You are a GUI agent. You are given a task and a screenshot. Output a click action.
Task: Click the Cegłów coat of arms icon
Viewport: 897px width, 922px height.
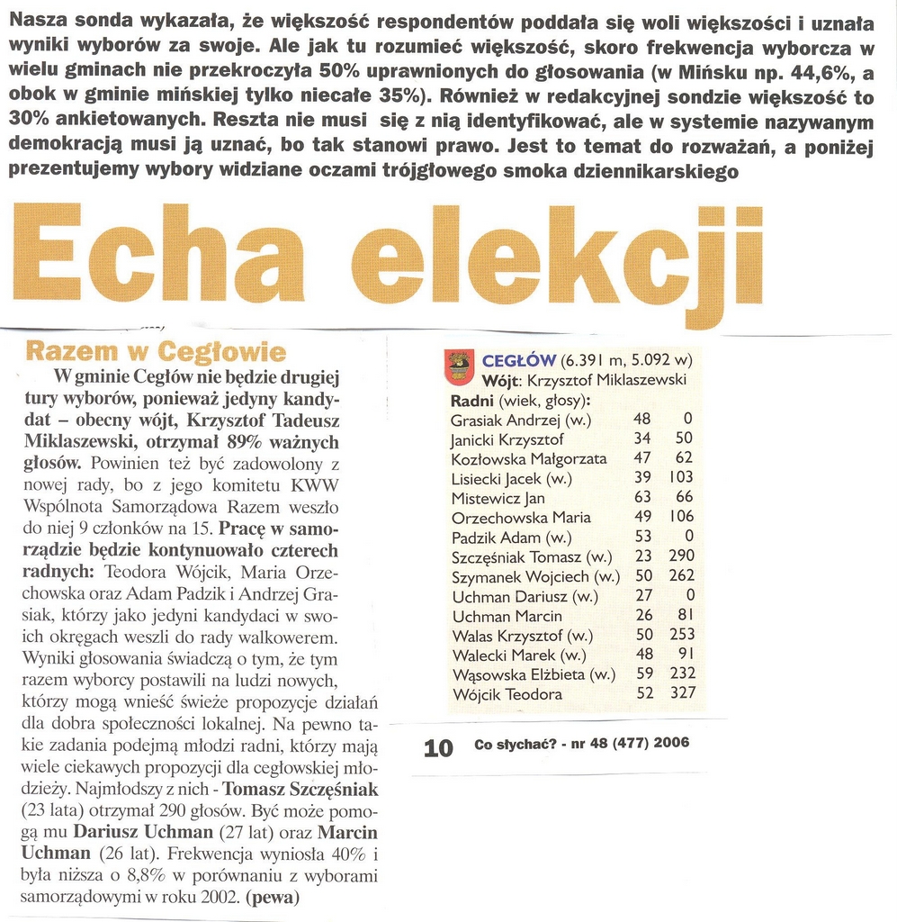pos(460,366)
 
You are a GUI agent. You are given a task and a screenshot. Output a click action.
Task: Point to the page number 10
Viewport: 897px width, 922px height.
pos(438,746)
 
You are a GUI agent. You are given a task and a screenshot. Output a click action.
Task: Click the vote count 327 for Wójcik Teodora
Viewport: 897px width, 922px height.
pos(681,694)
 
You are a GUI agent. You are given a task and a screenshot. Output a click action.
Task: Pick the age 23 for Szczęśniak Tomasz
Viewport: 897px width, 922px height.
pos(642,557)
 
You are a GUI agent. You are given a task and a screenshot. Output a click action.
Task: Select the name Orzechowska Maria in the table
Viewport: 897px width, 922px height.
pos(521,518)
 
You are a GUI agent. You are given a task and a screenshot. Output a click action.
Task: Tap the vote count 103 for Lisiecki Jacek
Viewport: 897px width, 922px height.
pos(681,478)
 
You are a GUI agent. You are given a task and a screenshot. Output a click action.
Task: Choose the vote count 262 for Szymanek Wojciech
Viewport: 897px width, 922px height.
pos(681,576)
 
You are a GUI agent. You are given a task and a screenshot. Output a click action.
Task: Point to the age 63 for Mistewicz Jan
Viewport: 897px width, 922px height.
pos(642,498)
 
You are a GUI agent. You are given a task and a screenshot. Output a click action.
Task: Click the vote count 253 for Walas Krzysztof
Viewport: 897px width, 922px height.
pos(681,636)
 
